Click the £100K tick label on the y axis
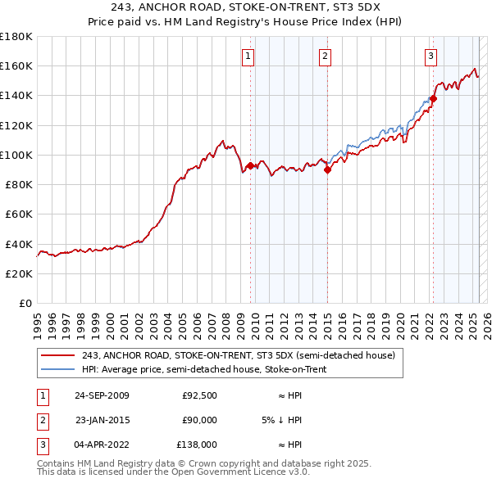16,155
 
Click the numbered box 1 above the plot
248,56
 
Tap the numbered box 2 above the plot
326,56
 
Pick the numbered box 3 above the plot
430,56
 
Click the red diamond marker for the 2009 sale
250,166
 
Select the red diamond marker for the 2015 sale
327,170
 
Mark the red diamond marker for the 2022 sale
433,99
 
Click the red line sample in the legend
58,355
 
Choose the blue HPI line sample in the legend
58,369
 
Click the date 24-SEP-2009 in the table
102,395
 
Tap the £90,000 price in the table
199,420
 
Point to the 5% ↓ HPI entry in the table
281,420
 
